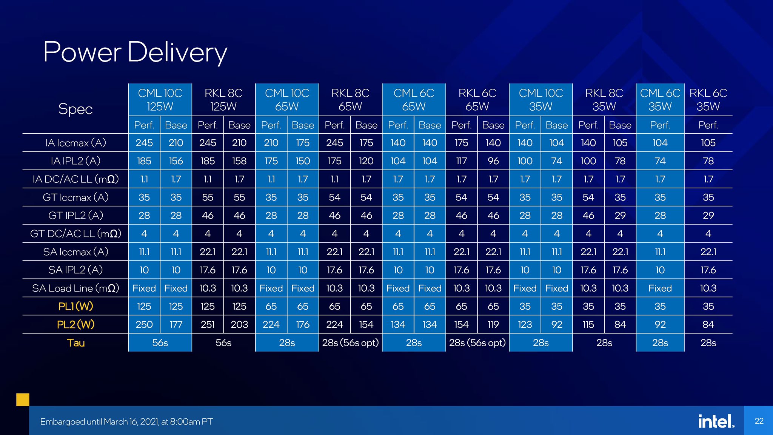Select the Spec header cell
click(x=75, y=109)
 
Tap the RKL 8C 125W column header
click(x=223, y=100)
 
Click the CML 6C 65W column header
click(x=414, y=100)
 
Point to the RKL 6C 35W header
click(x=708, y=100)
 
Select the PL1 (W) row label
click(x=75, y=306)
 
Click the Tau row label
click(x=75, y=343)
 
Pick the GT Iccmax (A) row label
click(x=75, y=197)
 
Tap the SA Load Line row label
click(x=75, y=288)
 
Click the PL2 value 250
click(x=144, y=324)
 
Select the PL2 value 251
click(x=208, y=324)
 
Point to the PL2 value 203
click(x=239, y=324)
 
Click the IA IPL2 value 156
click(x=176, y=161)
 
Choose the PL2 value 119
click(x=493, y=324)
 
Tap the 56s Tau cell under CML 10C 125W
click(x=160, y=343)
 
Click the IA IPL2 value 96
click(x=493, y=161)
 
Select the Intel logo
click(x=716, y=421)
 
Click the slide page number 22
click(x=759, y=421)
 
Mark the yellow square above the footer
click(x=23, y=400)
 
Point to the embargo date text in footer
click(x=126, y=422)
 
